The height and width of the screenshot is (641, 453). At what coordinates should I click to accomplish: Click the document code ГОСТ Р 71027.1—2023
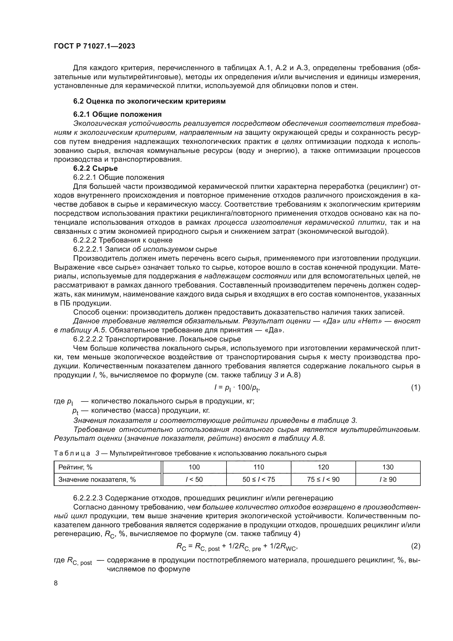coord(94,46)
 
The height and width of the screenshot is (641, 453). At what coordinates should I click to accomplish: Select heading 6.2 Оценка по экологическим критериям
coord(149,101)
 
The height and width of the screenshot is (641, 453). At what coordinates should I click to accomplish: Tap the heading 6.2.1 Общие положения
coord(117,114)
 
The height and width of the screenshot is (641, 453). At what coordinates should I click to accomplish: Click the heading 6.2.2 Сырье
coord(95,168)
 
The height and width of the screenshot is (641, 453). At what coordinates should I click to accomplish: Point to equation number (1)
coord(416,387)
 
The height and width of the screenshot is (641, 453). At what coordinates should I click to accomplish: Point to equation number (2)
coord(416,546)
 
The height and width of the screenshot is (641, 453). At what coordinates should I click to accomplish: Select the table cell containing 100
coord(194,467)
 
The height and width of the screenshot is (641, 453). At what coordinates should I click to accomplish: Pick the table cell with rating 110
coord(259,467)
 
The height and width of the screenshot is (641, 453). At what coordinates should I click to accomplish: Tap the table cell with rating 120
coord(323,467)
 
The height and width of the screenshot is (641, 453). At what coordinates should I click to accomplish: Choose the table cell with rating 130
coord(388,467)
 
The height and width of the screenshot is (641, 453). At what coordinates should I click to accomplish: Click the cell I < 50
coord(194,479)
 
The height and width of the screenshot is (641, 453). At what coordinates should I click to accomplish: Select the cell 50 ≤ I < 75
coord(259,479)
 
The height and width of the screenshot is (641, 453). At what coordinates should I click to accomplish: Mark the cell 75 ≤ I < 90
coord(323,479)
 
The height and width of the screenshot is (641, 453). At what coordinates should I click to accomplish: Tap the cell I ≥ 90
coord(388,479)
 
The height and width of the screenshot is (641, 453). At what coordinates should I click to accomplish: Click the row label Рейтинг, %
coord(75,467)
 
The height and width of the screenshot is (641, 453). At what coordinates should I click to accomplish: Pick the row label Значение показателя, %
coord(97,479)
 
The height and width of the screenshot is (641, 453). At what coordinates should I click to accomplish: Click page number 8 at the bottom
coord(56,583)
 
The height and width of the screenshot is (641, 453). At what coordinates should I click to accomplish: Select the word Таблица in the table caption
coord(72,453)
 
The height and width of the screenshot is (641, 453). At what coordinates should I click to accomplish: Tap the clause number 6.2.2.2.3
coord(88,498)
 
